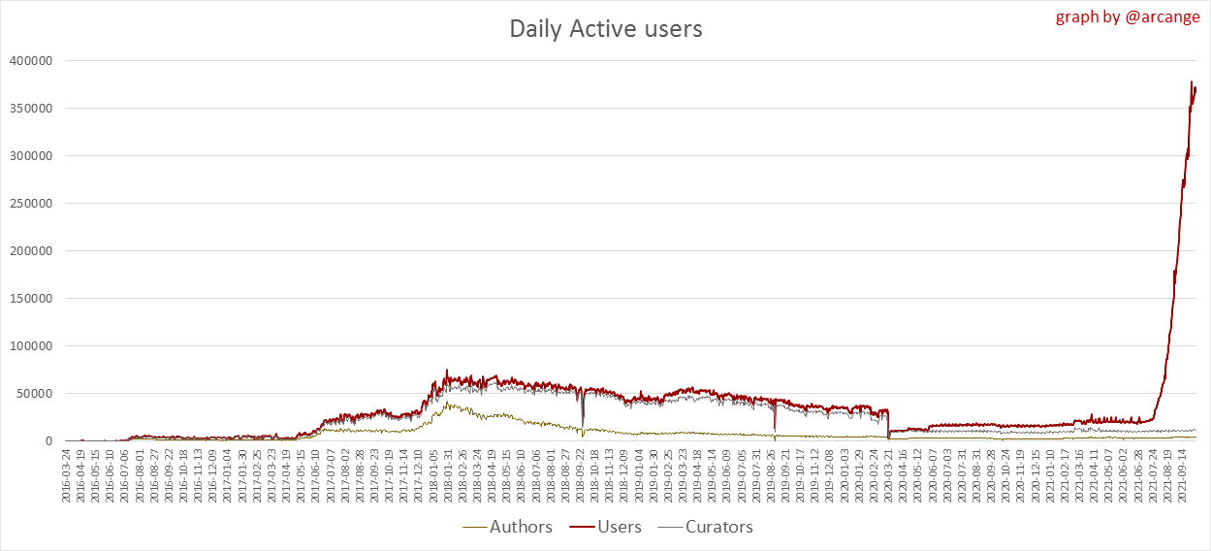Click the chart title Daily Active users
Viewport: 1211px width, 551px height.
(x=606, y=29)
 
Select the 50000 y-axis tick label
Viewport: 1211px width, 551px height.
(x=37, y=394)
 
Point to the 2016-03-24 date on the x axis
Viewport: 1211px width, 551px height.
(x=67, y=475)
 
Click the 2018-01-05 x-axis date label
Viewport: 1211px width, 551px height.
(x=433, y=475)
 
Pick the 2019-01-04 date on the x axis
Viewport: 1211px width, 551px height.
(x=639, y=475)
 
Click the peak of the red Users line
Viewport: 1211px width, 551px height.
(x=1191, y=82)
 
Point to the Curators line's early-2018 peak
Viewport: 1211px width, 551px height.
(x=447, y=404)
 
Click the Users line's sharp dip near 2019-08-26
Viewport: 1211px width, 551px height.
(x=775, y=428)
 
